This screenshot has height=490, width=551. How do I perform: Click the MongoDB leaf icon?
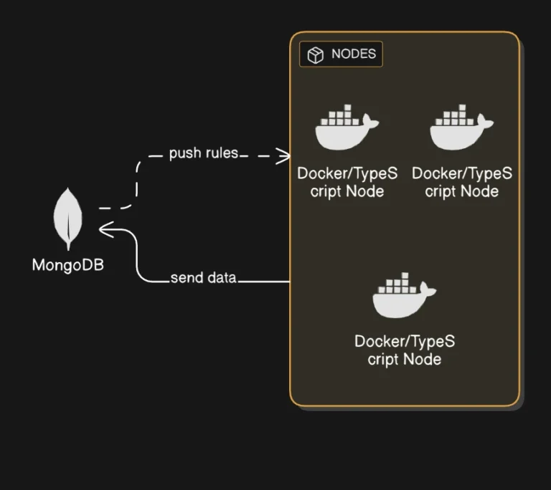(x=69, y=218)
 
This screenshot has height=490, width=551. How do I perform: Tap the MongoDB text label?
(x=68, y=265)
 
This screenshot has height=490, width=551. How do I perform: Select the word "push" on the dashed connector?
(x=184, y=154)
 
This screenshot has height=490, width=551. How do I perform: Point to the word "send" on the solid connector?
(x=185, y=278)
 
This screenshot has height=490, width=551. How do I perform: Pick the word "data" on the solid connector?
(x=221, y=278)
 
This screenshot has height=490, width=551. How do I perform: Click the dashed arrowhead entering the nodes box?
(x=284, y=155)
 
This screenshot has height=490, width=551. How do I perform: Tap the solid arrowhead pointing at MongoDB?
(x=105, y=229)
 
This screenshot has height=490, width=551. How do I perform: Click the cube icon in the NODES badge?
(x=315, y=55)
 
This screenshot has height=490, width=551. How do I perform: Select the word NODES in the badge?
(x=353, y=54)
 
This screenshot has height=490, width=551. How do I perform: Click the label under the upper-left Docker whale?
(x=347, y=182)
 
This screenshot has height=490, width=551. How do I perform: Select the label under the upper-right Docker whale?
(x=461, y=182)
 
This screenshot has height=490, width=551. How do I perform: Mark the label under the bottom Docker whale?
(x=404, y=350)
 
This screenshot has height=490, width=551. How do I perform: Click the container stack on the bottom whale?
(x=397, y=284)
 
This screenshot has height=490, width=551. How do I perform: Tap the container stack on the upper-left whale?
(x=339, y=117)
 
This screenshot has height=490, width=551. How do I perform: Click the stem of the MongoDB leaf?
(x=69, y=244)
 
